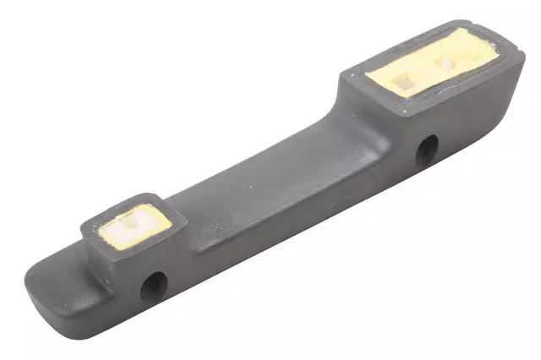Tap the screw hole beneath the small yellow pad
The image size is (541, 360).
pyautogui.click(x=153, y=285)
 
